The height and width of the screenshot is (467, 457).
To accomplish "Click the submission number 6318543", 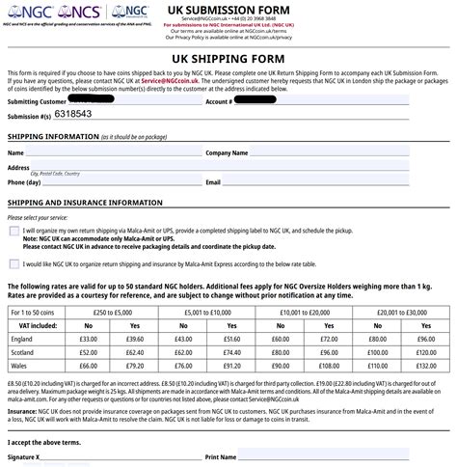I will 72,114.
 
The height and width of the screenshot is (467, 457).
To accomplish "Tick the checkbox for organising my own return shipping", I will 14,233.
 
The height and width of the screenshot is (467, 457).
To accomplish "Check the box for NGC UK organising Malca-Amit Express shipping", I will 14,261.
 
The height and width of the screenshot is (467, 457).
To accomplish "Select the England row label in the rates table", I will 22,340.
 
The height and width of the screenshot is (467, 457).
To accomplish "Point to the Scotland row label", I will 24,353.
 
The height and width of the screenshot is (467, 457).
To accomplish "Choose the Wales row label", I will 20,367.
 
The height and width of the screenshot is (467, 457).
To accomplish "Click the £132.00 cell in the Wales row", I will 425,367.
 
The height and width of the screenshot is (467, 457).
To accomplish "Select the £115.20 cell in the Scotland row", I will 425,353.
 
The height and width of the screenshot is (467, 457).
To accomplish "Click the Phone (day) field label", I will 24,181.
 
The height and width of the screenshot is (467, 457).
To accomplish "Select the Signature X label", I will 24,455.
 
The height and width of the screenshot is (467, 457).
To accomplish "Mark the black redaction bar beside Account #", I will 275,99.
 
